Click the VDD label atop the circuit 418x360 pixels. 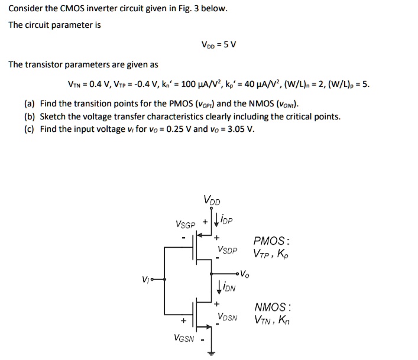(x=209, y=200)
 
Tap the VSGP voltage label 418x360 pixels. (x=185, y=224)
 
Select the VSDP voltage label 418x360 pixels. (x=227, y=250)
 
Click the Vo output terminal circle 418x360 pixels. (x=238, y=274)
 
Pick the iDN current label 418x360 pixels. (x=228, y=287)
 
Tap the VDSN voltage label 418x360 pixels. (x=227, y=317)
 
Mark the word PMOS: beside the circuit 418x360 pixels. (x=271, y=241)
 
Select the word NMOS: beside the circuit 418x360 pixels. (x=272, y=307)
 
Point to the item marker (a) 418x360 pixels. (x=30, y=103)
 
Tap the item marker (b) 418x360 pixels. (x=30, y=116)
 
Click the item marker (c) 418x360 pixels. (x=30, y=129)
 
